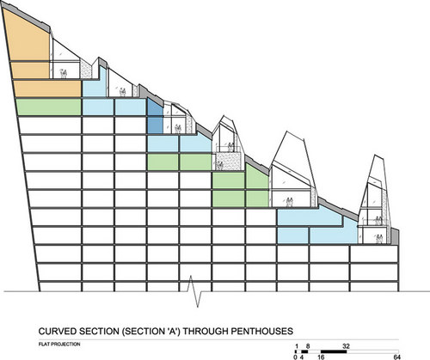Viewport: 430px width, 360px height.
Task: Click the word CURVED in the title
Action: pos(58,332)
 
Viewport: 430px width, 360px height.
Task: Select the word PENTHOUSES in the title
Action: pos(261,332)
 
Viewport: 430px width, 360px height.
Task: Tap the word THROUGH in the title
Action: pos(206,332)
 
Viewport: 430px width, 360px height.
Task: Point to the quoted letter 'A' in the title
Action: pos(171,332)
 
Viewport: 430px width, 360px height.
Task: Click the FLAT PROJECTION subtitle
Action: pos(59,344)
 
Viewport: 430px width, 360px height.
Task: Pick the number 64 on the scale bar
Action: pos(396,357)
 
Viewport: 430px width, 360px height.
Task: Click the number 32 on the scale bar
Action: pos(346,346)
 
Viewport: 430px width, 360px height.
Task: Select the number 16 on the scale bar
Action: pos(321,357)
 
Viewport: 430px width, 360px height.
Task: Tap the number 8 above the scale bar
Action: pos(308,346)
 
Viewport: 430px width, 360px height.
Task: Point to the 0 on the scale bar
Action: pos(295,357)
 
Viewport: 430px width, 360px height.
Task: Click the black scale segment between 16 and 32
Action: pos(334,351)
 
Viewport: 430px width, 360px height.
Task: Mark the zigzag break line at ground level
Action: pos(195,291)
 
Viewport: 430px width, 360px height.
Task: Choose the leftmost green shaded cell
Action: pos(48,107)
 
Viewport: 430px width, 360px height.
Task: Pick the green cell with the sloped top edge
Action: pos(257,178)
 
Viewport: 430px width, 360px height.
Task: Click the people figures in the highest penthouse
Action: pos(64,74)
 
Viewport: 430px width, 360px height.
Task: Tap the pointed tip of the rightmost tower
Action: pos(375,155)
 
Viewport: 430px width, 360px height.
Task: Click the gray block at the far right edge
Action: pos(395,236)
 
